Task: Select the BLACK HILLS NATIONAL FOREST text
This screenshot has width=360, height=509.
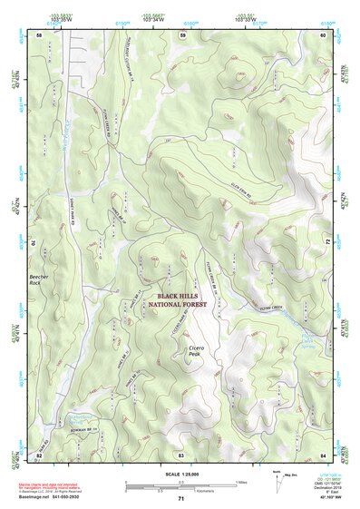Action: click(x=181, y=301)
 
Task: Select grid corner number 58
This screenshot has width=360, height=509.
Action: click(x=39, y=34)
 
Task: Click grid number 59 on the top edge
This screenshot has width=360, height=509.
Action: click(x=182, y=34)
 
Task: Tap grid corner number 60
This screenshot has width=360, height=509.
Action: click(x=324, y=34)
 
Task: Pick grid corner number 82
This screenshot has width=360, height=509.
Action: click(x=39, y=453)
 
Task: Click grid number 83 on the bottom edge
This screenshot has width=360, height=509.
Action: click(x=181, y=453)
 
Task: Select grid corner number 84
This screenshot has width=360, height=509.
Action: click(x=324, y=453)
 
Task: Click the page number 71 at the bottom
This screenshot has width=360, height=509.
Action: click(x=181, y=498)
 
